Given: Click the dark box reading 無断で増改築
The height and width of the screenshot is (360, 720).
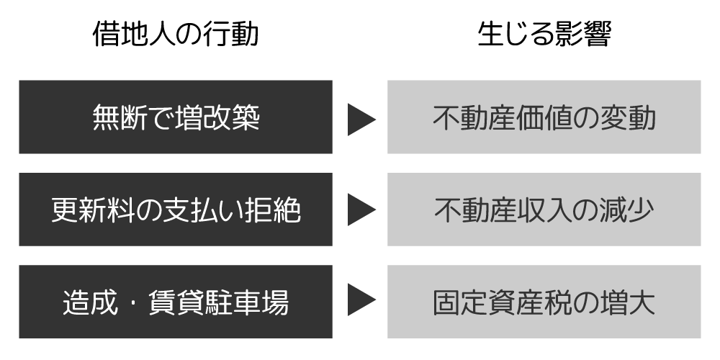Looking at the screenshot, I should pos(176,117).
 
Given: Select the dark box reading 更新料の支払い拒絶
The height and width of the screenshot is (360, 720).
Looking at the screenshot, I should pos(176,210).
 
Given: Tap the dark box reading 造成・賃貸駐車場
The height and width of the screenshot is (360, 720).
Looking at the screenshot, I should pos(176,302).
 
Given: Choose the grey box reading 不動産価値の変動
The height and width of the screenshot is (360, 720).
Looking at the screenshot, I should pos(544,117).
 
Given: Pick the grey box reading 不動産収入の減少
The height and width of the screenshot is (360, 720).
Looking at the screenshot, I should pos(544,210).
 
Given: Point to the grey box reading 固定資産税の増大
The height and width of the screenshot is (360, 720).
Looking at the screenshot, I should pos(544,302).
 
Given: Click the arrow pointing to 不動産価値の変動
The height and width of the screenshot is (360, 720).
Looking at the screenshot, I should pos(361,119).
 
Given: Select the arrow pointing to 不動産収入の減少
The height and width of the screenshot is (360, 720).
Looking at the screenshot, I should pos(361,210).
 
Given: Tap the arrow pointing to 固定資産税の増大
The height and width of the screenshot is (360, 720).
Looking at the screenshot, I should pos(361,302).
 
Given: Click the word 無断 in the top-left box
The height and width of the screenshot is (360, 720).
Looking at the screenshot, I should pos(120,118).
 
